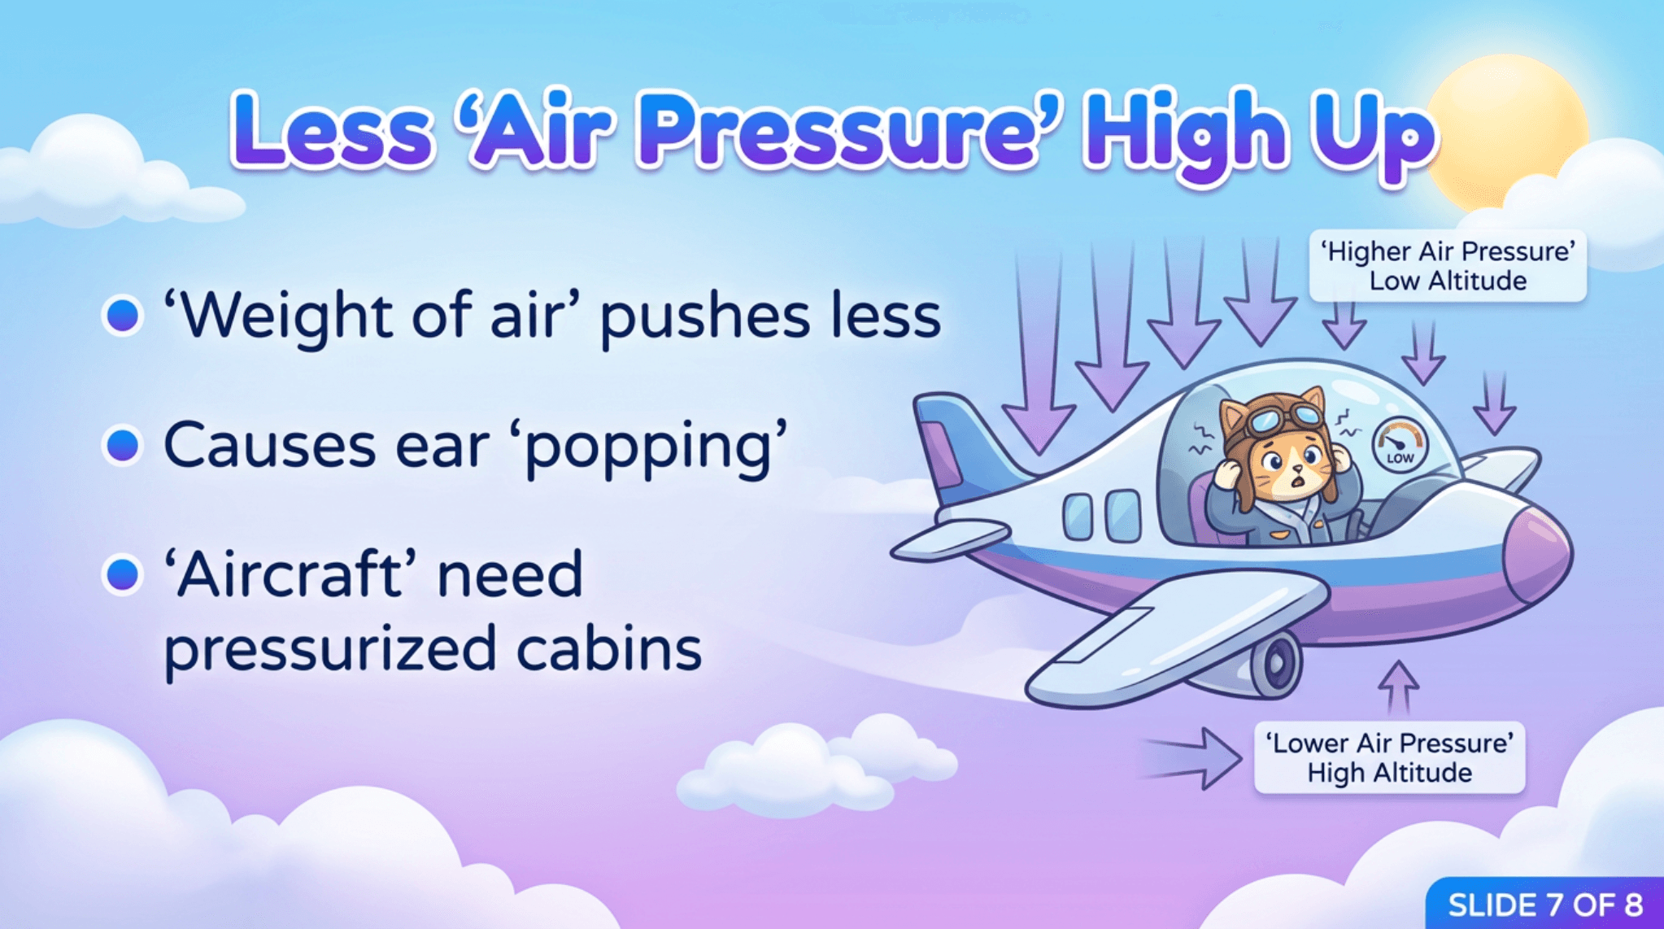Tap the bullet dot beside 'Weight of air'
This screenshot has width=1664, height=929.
click(x=123, y=315)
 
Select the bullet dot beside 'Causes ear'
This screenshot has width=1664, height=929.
click(x=123, y=444)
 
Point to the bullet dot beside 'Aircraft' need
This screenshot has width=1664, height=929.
click(x=123, y=574)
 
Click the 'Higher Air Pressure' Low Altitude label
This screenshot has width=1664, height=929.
click(x=1448, y=266)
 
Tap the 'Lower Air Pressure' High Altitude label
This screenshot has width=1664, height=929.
click(x=1389, y=757)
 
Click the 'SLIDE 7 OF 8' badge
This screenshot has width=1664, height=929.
click(x=1544, y=904)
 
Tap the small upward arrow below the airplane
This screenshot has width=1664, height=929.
click(x=1398, y=688)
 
